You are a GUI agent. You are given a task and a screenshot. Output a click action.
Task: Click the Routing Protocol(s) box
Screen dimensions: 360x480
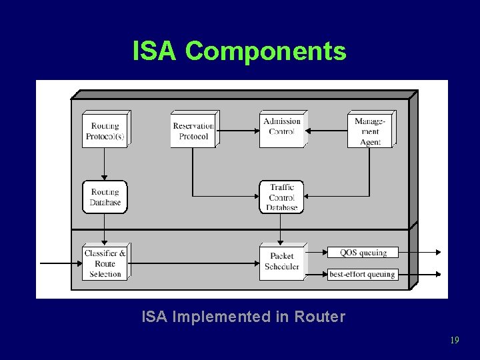point(105,131)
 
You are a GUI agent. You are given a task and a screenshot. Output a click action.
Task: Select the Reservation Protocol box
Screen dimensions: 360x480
point(193,131)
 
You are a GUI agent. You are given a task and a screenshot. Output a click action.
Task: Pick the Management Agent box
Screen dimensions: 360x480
point(370,131)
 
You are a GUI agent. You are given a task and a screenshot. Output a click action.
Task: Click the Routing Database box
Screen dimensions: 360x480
point(105,197)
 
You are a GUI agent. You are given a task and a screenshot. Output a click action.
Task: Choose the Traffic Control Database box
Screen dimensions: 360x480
point(281,197)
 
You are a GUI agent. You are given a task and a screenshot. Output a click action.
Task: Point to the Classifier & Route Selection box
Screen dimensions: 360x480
point(105,263)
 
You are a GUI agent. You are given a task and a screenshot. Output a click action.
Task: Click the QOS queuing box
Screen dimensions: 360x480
point(363,252)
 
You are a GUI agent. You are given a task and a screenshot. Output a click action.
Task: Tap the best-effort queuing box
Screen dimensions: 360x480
point(363,274)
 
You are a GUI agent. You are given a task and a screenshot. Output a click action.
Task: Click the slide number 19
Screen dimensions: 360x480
point(454,340)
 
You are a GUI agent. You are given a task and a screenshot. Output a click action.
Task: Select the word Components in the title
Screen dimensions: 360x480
point(265,51)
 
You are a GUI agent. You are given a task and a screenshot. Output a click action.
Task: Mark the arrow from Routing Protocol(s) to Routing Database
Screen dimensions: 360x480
point(105,164)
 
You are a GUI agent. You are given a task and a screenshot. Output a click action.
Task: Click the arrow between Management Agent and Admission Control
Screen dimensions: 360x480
point(325,130)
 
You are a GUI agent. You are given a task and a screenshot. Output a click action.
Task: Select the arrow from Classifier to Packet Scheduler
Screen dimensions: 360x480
point(193,263)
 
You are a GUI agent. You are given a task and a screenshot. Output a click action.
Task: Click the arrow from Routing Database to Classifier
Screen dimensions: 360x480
point(105,229)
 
